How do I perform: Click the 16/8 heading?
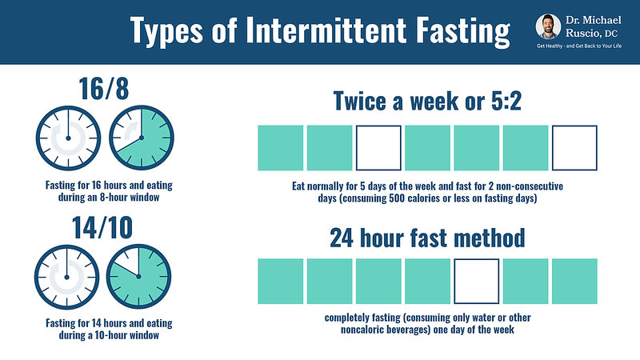(104, 89)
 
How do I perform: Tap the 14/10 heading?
(102, 227)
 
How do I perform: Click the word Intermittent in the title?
(326, 30)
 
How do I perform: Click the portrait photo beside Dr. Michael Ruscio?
(548, 27)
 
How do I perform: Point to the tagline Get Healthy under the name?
(578, 46)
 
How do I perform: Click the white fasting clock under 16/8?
(68, 138)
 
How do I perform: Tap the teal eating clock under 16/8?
(142, 138)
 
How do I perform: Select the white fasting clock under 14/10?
(66, 277)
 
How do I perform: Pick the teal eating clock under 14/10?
(138, 276)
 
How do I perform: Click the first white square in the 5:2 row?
(378, 148)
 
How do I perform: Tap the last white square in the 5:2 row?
(574, 148)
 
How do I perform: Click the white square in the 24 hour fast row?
(476, 282)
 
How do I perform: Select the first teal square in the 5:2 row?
(281, 148)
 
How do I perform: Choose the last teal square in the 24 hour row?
(574, 282)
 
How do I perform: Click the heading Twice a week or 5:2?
(427, 101)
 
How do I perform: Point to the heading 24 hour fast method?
(427, 238)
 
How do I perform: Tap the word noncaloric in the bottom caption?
(364, 330)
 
